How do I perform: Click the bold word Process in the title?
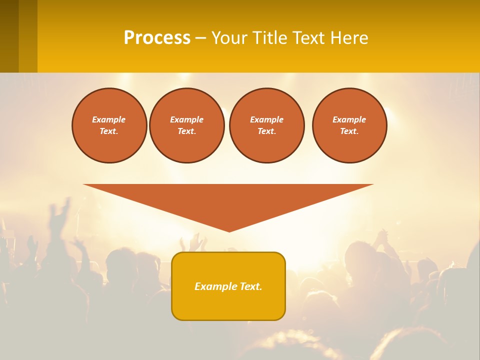point(157,38)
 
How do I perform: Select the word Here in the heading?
point(349,38)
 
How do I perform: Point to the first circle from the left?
point(109,125)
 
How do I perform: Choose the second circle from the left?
point(186,125)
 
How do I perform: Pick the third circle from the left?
point(266,125)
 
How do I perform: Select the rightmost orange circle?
point(349,125)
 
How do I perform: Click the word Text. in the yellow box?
point(250,286)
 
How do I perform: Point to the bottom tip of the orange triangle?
point(229,230)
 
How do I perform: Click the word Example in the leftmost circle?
point(109,119)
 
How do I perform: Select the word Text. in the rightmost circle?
point(349,131)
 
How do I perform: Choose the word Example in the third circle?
point(266,119)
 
